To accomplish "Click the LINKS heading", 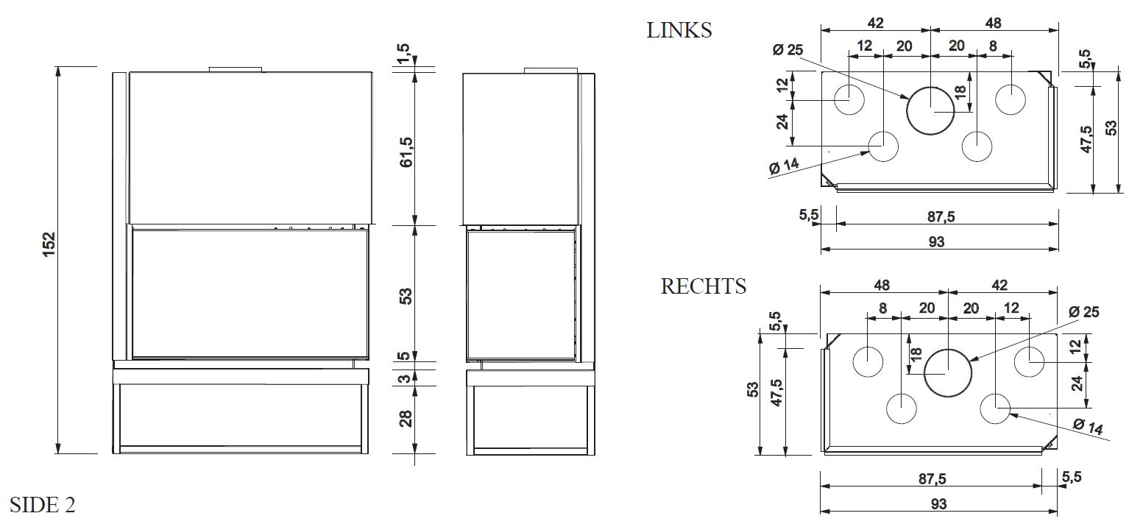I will tap(679, 30).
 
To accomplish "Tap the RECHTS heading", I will tap(703, 286).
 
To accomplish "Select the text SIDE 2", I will tap(43, 505).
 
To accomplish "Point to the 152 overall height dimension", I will tap(49, 245).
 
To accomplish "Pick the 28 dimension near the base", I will tap(406, 418).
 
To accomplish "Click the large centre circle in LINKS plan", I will tap(930, 110).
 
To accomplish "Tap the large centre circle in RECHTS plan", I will tap(948, 372).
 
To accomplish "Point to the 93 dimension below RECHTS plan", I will tap(938, 504).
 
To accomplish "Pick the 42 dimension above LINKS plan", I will tap(875, 22).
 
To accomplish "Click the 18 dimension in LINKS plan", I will tap(958, 91).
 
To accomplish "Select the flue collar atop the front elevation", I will tap(235, 70).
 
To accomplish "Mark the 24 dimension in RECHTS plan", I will tap(1077, 383).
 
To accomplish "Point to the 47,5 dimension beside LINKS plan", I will tap(1086, 139).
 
